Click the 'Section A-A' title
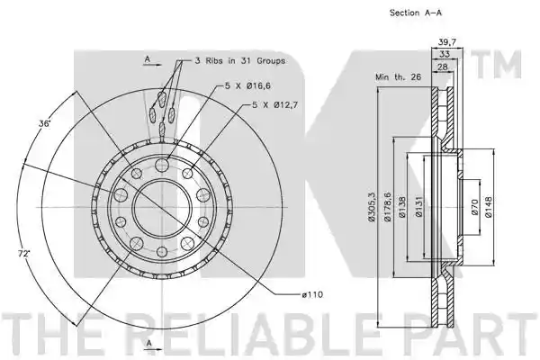[x=415, y=13]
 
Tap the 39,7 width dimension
[x=447, y=42]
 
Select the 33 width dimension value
[x=445, y=54]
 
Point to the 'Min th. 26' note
[x=398, y=76]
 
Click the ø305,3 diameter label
[x=371, y=206]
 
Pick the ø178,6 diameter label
[x=388, y=207]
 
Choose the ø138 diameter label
[x=402, y=207]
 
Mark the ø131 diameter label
[x=418, y=207]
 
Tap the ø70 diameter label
[x=474, y=207]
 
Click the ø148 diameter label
[x=489, y=207]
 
